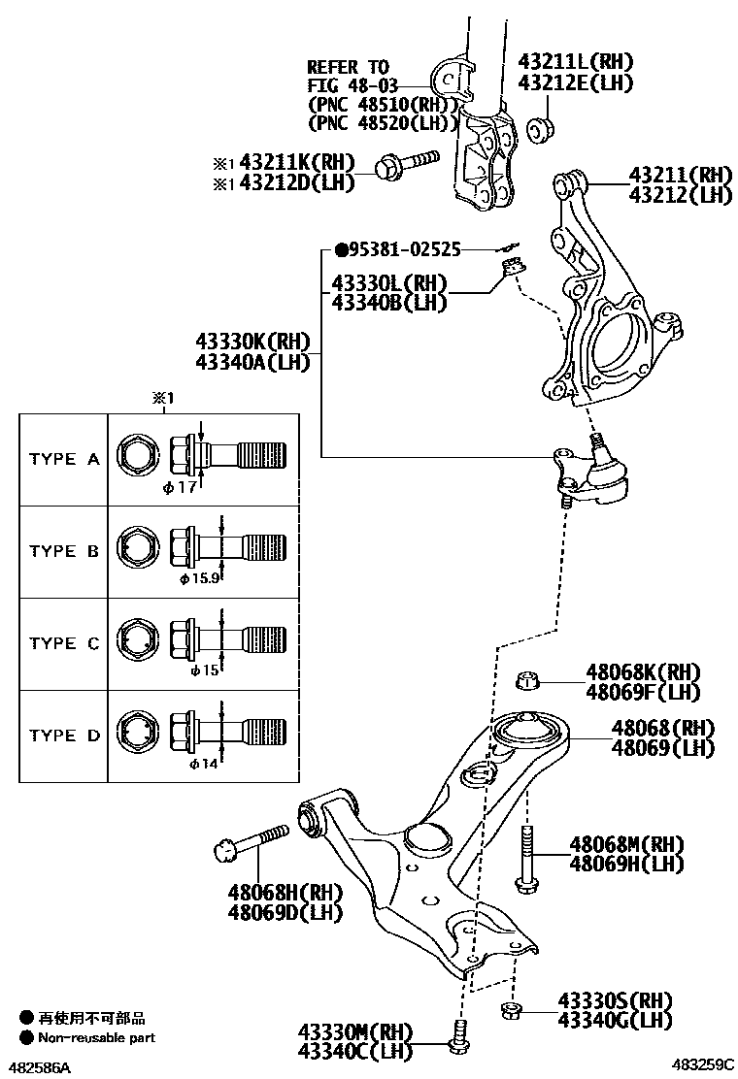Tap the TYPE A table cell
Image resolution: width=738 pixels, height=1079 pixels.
64,460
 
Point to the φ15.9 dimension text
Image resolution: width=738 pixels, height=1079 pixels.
198,579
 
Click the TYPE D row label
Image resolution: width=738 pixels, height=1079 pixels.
64,736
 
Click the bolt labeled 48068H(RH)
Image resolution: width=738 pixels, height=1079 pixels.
250,843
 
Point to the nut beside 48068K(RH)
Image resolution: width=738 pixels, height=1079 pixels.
527,681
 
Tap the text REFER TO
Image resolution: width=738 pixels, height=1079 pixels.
348,67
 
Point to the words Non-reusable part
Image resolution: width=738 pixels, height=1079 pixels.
96,1037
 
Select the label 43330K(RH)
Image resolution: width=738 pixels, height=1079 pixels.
252,341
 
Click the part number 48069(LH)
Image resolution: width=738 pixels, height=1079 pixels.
662,748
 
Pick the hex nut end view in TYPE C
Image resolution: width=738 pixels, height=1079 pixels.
135,642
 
